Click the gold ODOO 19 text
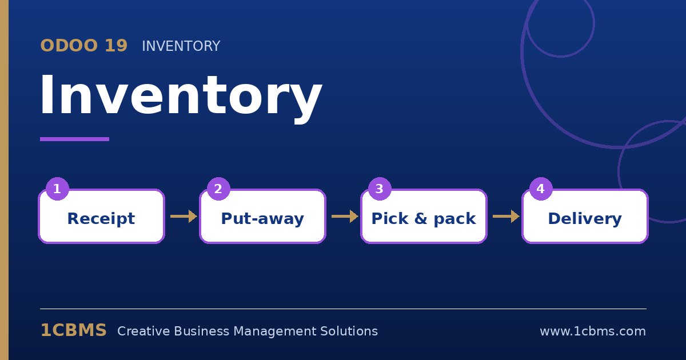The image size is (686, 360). click(84, 46)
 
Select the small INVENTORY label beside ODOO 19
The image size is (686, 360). click(181, 46)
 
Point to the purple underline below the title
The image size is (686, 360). click(74, 139)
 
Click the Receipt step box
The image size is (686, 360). click(101, 216)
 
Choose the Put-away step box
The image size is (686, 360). click(262, 216)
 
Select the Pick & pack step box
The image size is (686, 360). click(424, 216)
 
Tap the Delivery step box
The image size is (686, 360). click(585, 216)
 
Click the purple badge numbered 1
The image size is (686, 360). click(57, 189)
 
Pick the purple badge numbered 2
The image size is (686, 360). click(218, 189)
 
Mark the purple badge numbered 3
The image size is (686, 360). click(380, 189)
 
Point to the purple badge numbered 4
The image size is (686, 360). click(541, 189)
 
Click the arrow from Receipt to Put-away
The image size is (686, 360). click(184, 216)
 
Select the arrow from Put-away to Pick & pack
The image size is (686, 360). click(345, 216)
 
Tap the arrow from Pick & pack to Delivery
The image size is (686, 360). click(506, 216)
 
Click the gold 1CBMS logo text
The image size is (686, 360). click(74, 330)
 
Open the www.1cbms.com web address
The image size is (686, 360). click(593, 331)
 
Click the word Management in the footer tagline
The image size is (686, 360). click(275, 331)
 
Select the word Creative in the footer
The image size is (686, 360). click(143, 331)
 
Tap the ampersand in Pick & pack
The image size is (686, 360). click(421, 218)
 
